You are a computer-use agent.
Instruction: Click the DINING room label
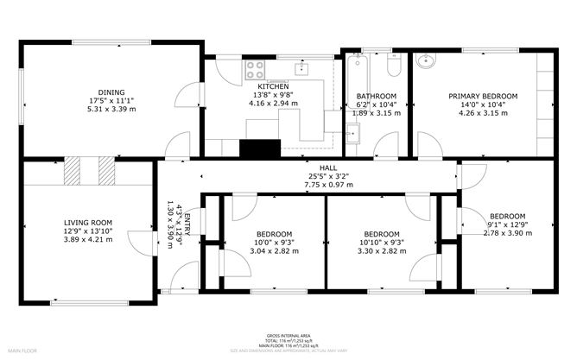coord(111,92)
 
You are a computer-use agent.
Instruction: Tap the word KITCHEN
coord(272,86)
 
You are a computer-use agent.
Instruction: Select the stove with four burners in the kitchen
coord(256,68)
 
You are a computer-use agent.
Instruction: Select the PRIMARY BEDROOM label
coord(482,96)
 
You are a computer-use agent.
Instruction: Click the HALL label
coord(328,168)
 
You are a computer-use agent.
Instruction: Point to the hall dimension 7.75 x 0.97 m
coord(328,185)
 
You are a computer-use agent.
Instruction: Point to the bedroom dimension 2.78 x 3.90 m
coord(507,232)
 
